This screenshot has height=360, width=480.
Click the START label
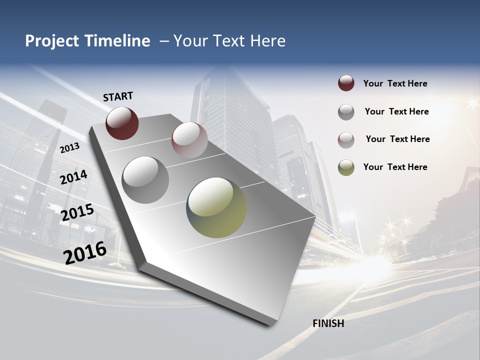118,96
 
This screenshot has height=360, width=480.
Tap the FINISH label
328,323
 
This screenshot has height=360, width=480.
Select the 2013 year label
69,148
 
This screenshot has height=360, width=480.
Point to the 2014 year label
73,177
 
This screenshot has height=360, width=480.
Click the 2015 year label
77,212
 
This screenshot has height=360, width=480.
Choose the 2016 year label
85,253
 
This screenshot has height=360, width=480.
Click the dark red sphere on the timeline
122,123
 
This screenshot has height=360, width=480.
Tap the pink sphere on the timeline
189,140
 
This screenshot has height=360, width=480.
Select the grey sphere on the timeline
145,179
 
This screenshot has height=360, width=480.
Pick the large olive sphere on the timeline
216,207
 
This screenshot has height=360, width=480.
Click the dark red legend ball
346,83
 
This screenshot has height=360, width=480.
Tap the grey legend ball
346,112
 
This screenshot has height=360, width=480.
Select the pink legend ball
346,140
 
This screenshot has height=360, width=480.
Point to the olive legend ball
346,167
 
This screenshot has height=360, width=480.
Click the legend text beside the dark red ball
395,84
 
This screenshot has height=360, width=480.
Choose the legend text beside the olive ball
395,167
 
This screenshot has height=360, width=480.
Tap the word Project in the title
52,41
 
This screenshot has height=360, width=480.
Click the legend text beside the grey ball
396,111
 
